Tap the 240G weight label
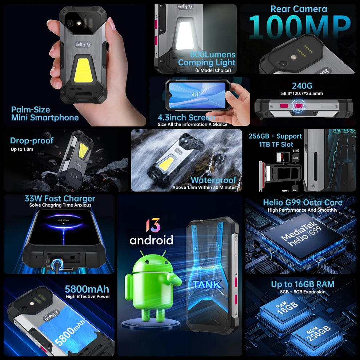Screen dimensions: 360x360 [302, 86]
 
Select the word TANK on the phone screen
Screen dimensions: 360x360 [207, 285]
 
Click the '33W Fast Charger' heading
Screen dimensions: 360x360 [60, 199]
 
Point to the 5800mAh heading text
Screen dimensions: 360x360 [87, 289]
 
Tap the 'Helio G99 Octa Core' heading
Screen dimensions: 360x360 [303, 203]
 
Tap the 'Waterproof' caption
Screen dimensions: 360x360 [213, 180]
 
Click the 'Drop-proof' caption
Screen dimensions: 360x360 [32, 141]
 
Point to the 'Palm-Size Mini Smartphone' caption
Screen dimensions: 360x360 [45, 113]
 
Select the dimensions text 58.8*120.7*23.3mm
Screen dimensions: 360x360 [302, 93]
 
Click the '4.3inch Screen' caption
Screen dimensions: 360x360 [186, 117]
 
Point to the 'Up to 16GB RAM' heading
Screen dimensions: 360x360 [303, 284]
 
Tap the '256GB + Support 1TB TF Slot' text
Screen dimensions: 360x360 [275, 140]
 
